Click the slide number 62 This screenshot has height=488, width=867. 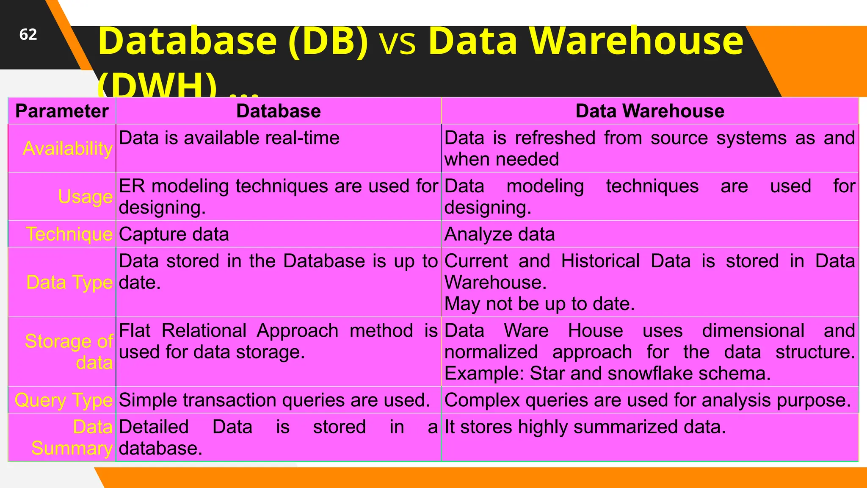(x=28, y=35)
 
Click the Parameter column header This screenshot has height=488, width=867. (x=62, y=111)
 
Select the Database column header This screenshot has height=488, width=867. (x=278, y=111)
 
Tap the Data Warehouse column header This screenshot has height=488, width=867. (x=650, y=111)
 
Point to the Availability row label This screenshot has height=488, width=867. (x=68, y=149)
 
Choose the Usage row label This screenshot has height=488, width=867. (x=86, y=197)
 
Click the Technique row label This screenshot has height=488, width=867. (x=69, y=234)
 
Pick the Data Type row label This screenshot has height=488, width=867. (x=69, y=283)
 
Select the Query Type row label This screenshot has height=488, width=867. (x=64, y=400)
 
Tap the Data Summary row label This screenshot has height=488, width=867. (x=72, y=438)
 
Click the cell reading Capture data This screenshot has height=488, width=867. (x=174, y=234)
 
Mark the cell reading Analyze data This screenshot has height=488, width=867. (x=500, y=234)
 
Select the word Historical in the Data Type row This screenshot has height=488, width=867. (x=600, y=261)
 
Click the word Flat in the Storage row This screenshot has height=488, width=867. (x=135, y=331)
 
